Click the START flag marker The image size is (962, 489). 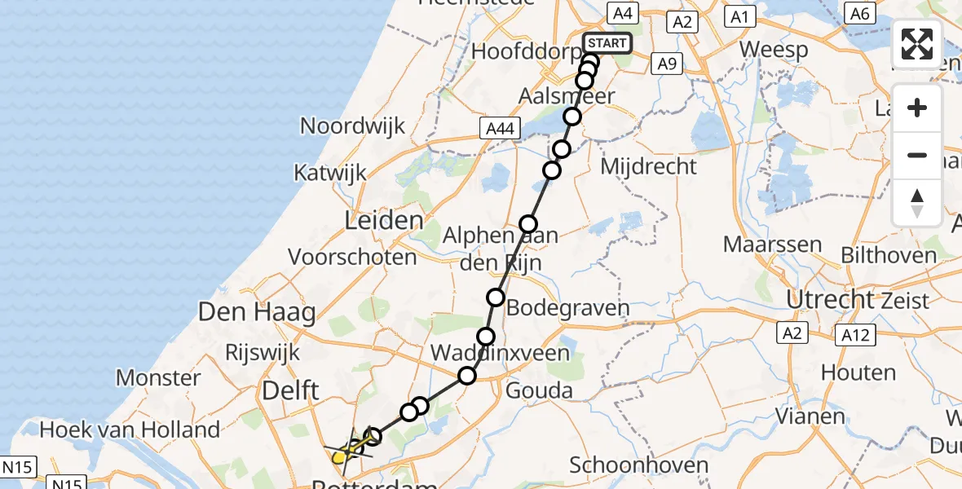click(x=607, y=43)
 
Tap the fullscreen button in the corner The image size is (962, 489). click(x=917, y=44)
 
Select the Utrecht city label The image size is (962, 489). click(x=830, y=300)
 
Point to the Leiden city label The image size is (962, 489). click(x=384, y=220)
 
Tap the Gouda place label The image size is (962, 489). click(x=539, y=391)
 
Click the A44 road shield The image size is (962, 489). click(x=500, y=127)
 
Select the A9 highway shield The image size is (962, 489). click(x=667, y=64)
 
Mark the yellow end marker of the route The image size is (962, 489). click(x=339, y=457)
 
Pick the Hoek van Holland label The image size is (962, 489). click(x=130, y=430)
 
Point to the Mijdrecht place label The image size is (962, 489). click(x=648, y=167)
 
